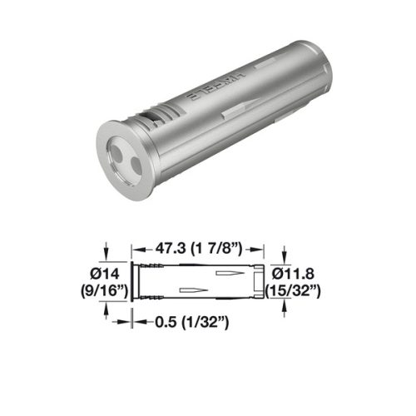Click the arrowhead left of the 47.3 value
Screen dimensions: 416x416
tap(138, 248)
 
